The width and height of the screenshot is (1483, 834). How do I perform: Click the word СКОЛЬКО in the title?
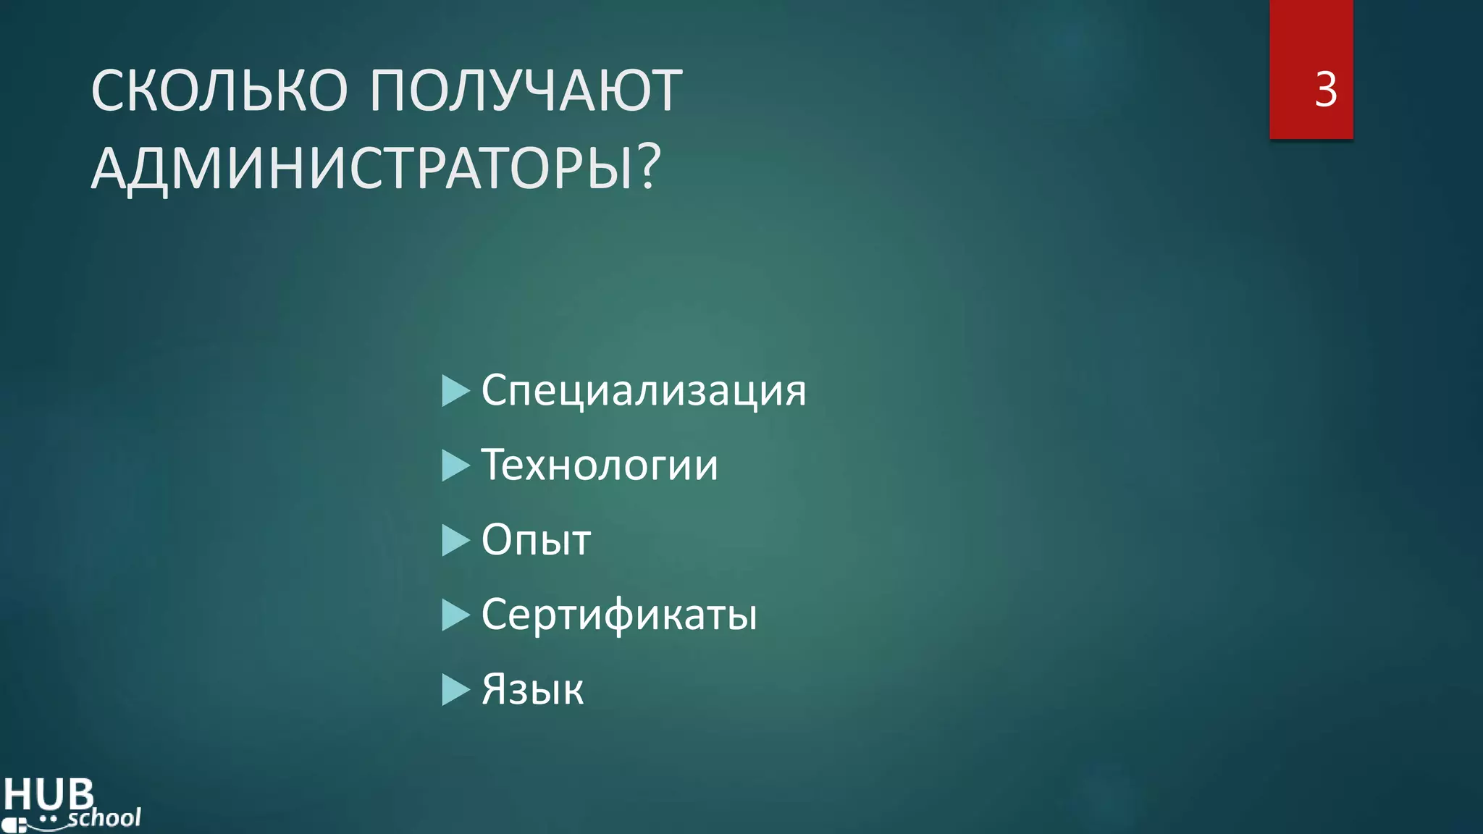tap(219, 90)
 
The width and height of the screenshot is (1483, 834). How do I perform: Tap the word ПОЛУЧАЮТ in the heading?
tap(526, 90)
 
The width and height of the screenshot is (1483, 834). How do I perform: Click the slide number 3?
tap(1325, 90)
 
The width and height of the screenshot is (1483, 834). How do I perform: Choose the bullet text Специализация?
tap(643, 391)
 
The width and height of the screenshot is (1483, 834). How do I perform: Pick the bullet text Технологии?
tap(600, 465)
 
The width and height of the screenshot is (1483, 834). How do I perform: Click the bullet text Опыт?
tap(536, 540)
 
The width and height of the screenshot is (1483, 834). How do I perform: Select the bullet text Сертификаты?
tap(619, 615)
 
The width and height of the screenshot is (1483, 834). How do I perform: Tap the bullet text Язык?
tap(532, 689)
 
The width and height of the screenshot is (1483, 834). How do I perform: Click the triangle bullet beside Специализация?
tap(455, 391)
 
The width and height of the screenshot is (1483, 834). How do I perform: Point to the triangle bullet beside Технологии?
tap(455, 466)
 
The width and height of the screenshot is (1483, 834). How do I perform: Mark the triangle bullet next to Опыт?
tap(455, 540)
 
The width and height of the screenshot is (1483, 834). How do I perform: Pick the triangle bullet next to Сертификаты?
tap(455, 615)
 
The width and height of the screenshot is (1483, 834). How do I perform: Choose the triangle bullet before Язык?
tap(455, 690)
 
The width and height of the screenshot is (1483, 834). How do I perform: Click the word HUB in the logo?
tap(49, 794)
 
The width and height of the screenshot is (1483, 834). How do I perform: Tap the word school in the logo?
tap(104, 818)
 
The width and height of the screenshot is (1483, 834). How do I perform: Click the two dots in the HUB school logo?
tap(48, 819)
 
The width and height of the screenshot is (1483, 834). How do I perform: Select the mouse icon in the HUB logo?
tap(14, 825)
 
